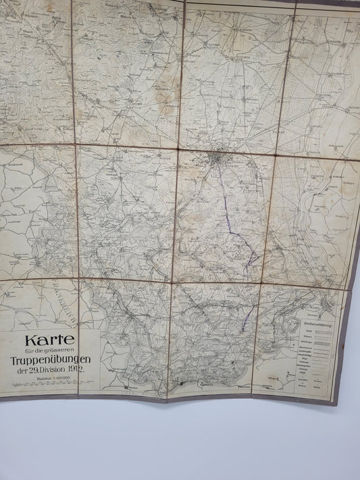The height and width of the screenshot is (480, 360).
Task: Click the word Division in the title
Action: tap(55, 370)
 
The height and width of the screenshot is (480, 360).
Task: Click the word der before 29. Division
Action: tap(22, 371)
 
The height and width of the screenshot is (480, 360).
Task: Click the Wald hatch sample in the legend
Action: tap(322, 330)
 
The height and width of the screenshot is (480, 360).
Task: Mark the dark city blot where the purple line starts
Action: tap(215, 160)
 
